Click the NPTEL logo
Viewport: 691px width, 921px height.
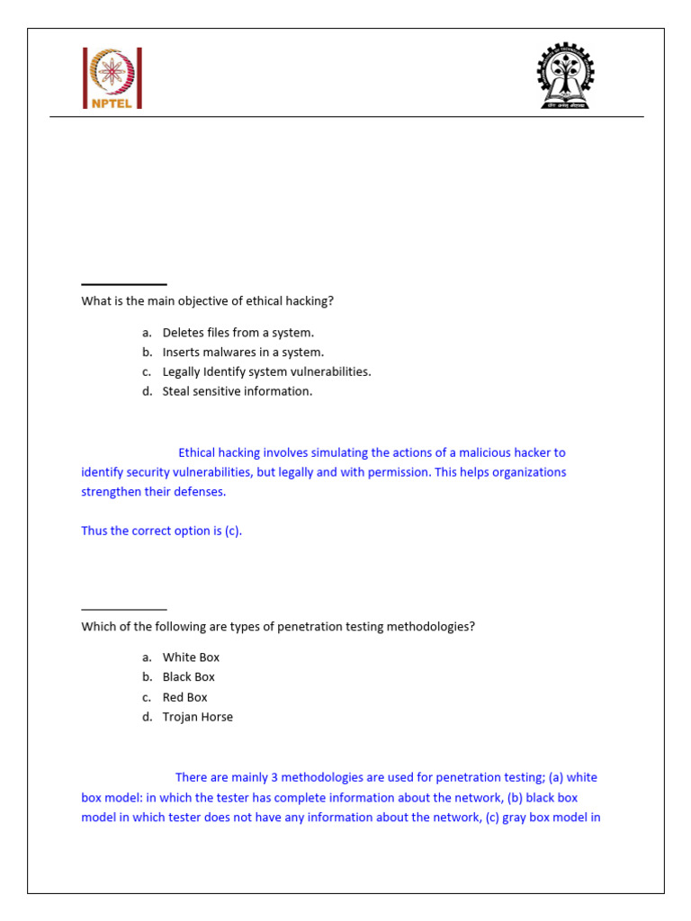(112, 78)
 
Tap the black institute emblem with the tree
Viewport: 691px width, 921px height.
(565, 76)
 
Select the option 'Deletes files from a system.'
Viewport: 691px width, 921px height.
(238, 333)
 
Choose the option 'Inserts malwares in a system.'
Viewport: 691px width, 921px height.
(243, 353)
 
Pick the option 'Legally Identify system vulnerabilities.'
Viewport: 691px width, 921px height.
(266, 371)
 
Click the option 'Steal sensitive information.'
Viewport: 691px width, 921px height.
(238, 391)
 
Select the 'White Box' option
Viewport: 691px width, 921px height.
(191, 657)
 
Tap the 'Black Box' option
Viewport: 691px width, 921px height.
(189, 677)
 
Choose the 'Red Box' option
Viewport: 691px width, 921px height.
(184, 697)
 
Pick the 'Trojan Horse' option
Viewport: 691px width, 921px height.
(197, 717)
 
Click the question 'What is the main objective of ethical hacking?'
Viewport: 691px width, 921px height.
(213, 301)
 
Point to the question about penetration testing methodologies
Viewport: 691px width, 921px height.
(278, 626)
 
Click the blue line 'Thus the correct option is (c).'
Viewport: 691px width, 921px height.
(162, 531)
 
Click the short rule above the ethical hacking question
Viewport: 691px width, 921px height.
(124, 284)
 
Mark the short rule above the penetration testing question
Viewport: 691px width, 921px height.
(124, 609)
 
